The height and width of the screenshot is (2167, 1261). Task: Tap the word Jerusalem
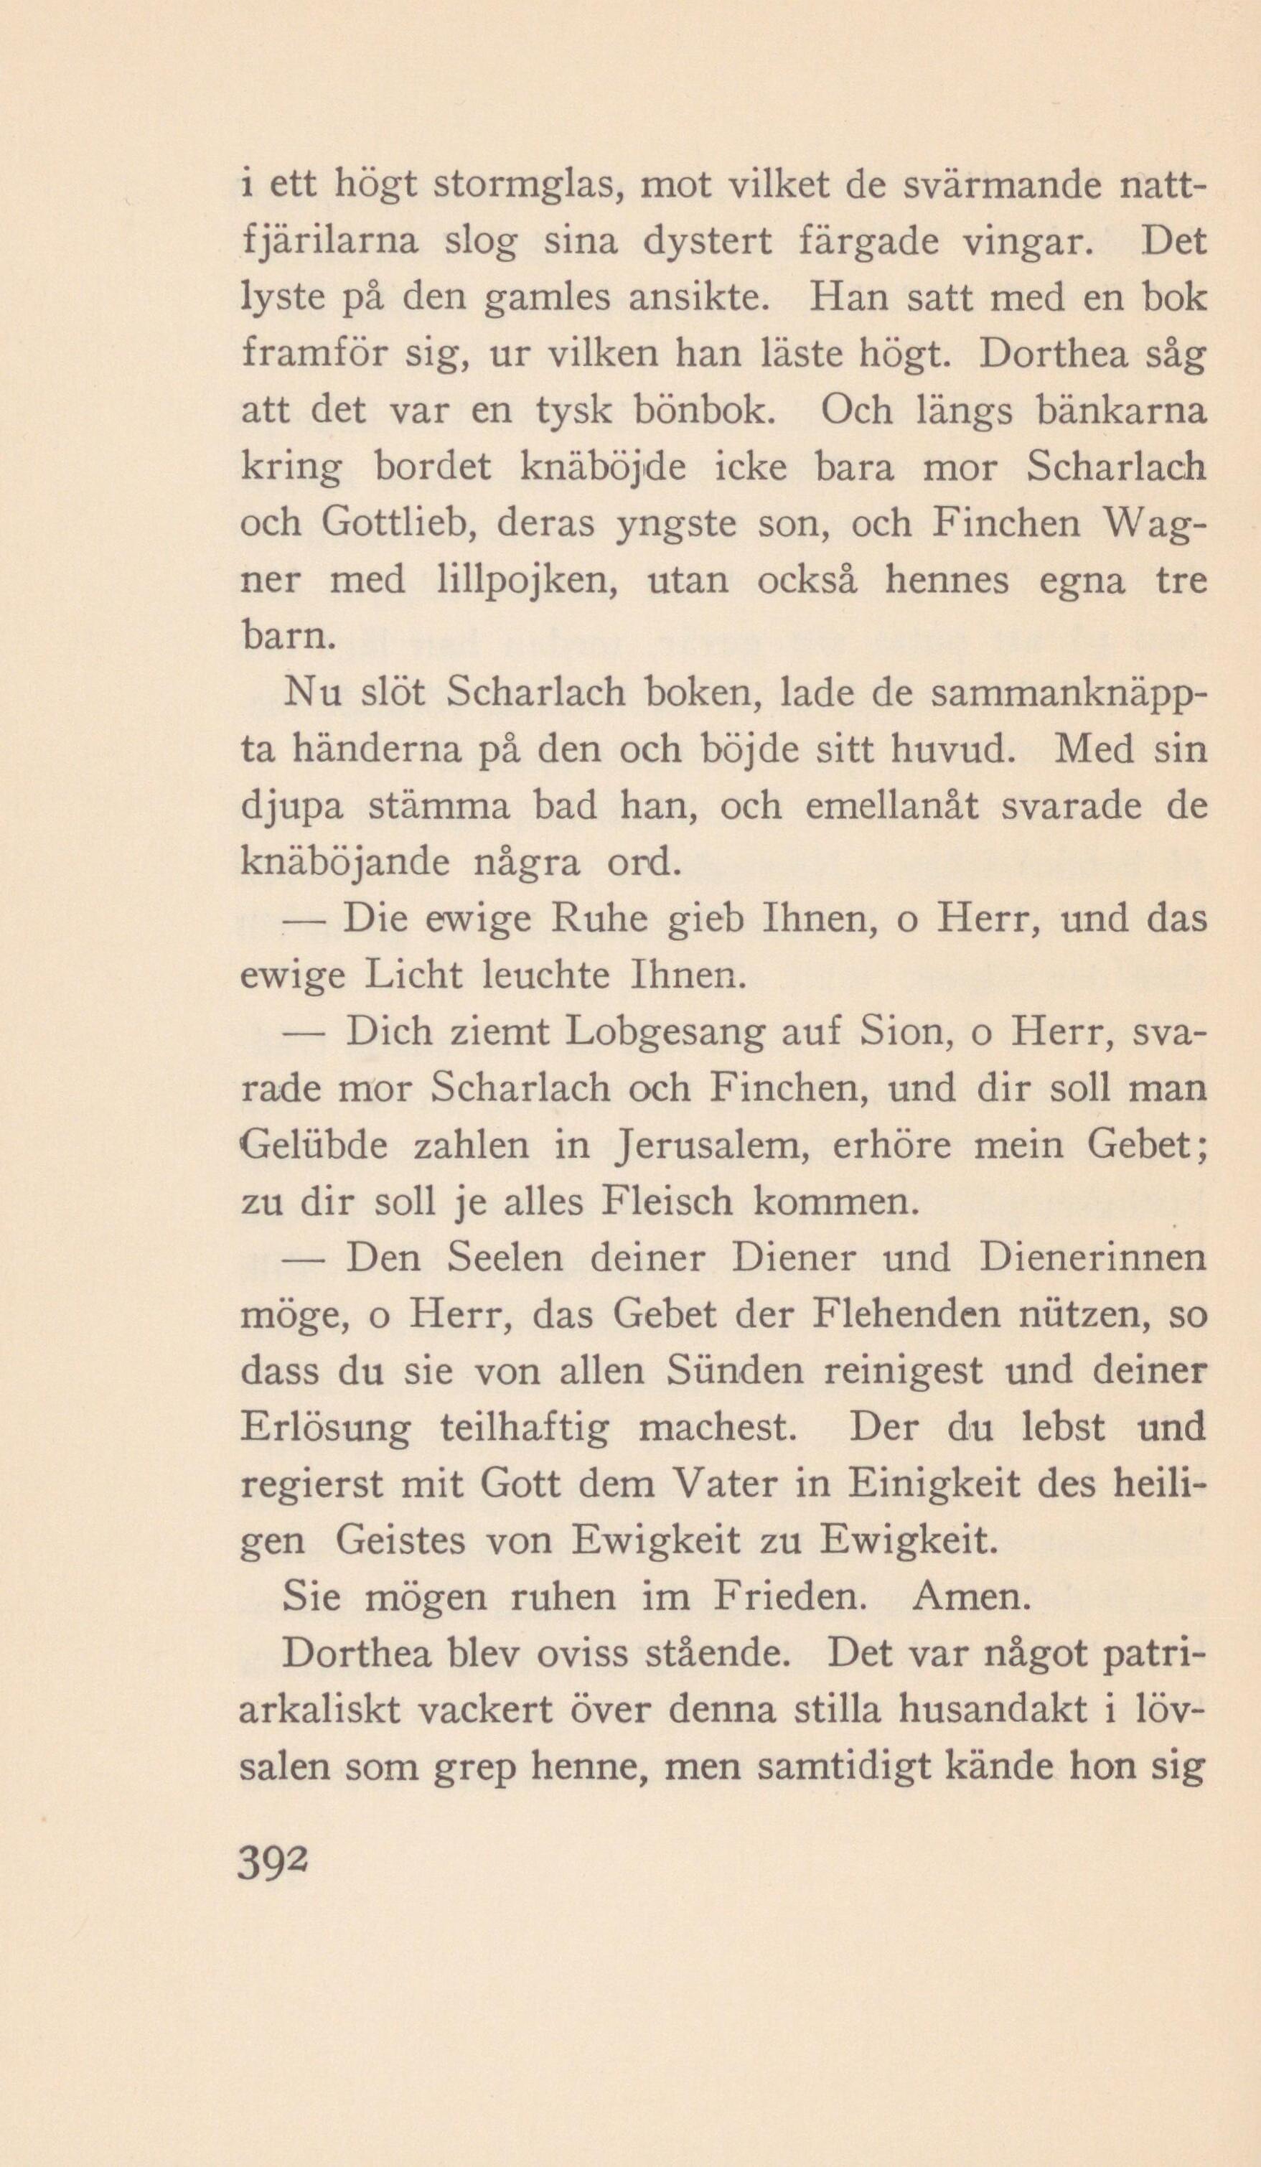click(x=709, y=1147)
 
